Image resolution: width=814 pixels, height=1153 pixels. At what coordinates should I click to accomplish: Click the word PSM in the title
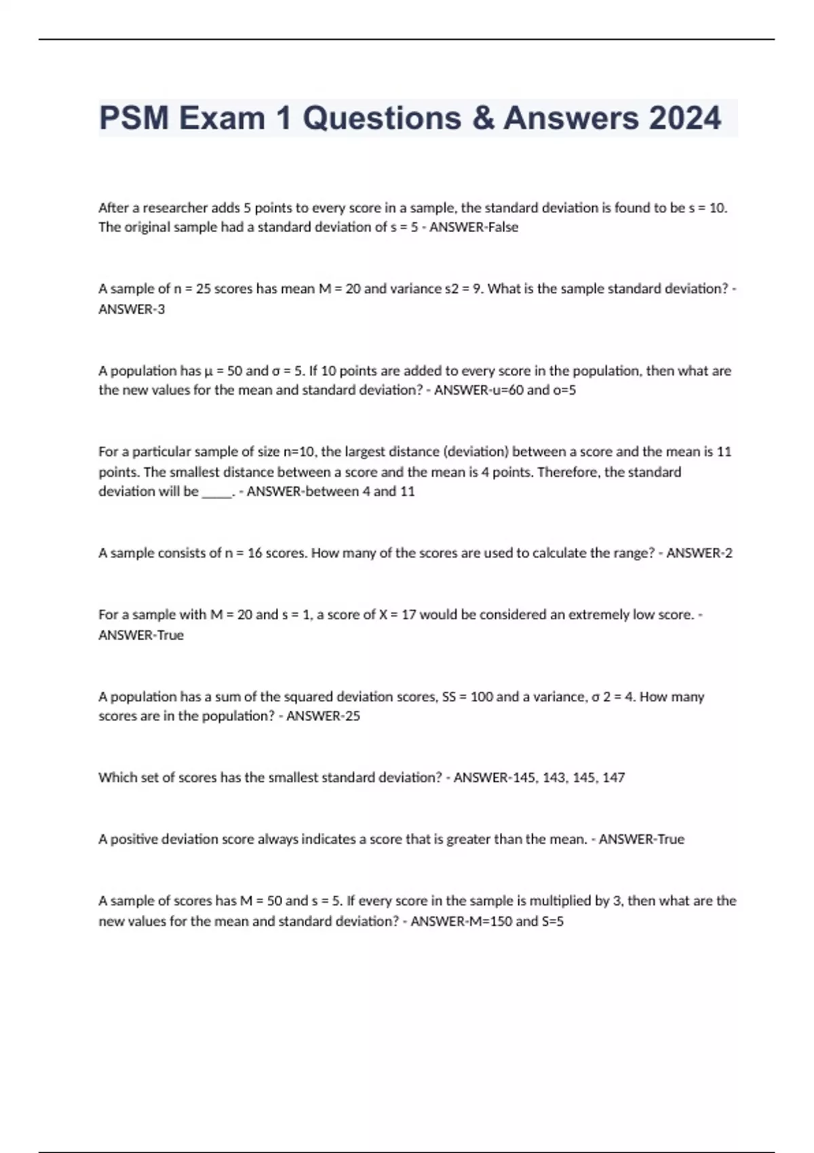133,118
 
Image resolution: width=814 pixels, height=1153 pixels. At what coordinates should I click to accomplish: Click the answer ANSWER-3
132,309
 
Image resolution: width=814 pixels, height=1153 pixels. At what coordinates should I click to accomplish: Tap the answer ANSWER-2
699,553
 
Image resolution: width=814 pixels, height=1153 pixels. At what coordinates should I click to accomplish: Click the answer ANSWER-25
323,716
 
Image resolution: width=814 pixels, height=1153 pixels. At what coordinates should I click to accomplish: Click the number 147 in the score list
613,777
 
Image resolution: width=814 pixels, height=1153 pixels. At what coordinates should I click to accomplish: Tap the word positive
136,839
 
